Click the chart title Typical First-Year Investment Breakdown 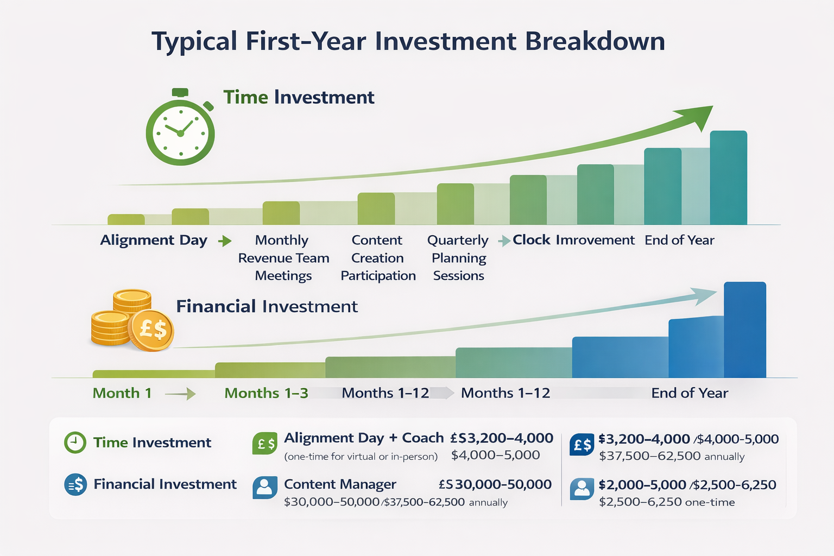408,42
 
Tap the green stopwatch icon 180,130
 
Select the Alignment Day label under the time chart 154,240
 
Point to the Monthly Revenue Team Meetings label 283,258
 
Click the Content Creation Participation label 378,258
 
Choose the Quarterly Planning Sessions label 458,258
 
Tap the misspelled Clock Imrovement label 573,240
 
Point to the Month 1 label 122,393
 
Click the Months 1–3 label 266,393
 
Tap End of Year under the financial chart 690,393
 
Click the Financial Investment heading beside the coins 267,307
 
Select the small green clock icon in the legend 75,443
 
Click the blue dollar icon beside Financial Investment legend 75,484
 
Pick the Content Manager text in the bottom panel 340,484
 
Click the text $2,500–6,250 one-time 667,502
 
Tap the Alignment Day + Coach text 364,438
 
